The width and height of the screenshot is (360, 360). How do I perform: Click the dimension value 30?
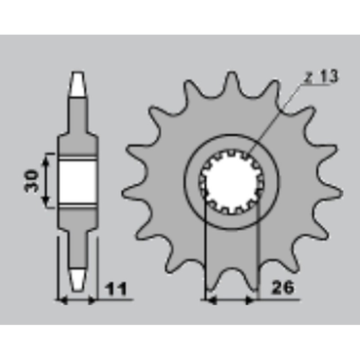[32, 180]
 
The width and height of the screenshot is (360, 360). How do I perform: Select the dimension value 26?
[283, 288]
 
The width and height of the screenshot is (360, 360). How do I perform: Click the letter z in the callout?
[307, 77]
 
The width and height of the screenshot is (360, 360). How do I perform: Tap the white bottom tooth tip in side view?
[77, 278]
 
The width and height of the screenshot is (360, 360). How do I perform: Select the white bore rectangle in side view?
[77, 181]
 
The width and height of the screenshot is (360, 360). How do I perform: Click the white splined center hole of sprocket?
[231, 182]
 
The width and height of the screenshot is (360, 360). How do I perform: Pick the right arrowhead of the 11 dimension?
[93, 300]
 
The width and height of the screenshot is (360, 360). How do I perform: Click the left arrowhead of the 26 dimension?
[210, 300]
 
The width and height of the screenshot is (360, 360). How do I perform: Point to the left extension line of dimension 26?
[205, 252]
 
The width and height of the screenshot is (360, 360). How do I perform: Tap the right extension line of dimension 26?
[258, 252]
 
